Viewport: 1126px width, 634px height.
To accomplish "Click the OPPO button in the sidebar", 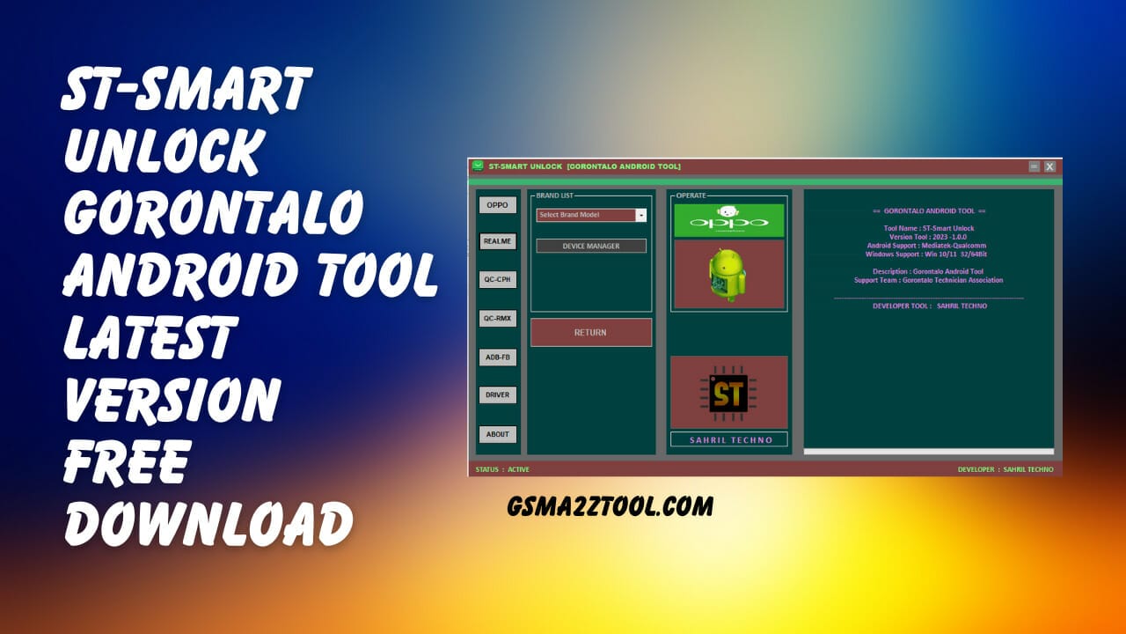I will pyautogui.click(x=497, y=205).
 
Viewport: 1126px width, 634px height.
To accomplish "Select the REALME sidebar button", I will pyautogui.click(x=497, y=241).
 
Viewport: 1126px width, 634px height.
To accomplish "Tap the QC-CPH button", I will pyautogui.click(x=497, y=280).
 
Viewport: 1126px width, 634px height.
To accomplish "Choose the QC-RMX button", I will pyautogui.click(x=497, y=318).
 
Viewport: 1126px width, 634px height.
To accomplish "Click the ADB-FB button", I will pyautogui.click(x=497, y=358).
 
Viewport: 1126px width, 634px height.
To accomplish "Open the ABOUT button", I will pyautogui.click(x=497, y=434).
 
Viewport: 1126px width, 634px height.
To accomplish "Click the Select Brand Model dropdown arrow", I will pyautogui.click(x=641, y=215).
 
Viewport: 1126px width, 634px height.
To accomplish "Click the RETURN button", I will pyautogui.click(x=590, y=333).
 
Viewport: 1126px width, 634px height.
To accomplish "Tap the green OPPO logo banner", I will pyautogui.click(x=728, y=220).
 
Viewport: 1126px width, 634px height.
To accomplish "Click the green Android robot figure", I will pyautogui.click(x=728, y=274).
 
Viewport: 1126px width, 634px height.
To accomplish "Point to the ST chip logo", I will pyautogui.click(x=728, y=393).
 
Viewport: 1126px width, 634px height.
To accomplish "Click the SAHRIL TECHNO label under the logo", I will pyautogui.click(x=728, y=439).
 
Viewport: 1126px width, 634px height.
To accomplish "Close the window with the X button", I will pyautogui.click(x=1049, y=166).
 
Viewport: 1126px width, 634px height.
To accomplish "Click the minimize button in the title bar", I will pyautogui.click(x=1035, y=166).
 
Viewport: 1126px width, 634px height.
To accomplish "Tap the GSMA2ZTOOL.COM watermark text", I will pyautogui.click(x=610, y=505).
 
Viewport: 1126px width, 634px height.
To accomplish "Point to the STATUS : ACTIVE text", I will pyautogui.click(x=502, y=469).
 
